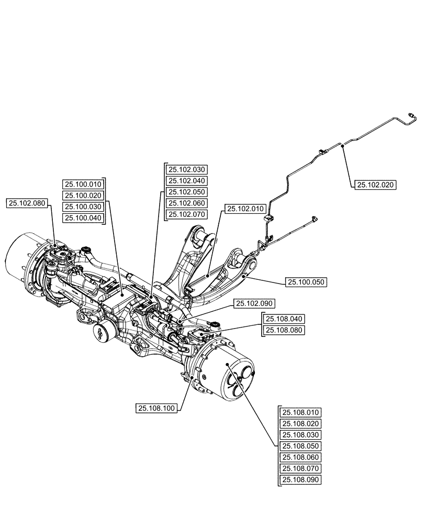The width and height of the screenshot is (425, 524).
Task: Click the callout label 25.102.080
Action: coord(28,203)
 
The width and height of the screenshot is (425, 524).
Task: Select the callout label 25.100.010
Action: coord(83,184)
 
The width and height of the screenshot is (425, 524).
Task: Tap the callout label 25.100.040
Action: coord(83,218)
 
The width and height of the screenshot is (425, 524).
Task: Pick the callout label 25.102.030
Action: coord(187,169)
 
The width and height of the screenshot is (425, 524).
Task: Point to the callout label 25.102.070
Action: coord(187,214)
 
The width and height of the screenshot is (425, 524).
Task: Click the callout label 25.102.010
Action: coord(245,209)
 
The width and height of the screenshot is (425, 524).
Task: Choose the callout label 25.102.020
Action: coord(375,184)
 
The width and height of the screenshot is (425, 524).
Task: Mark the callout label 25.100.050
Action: coord(306,282)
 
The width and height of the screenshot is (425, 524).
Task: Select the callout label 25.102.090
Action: coord(255,303)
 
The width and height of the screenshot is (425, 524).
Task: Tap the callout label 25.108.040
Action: coord(284,319)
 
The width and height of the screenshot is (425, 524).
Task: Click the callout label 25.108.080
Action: coord(284,330)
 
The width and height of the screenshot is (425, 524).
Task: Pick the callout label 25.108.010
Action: coord(301,412)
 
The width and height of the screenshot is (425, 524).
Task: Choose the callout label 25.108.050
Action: coord(301,446)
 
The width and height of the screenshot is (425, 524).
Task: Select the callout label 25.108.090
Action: coord(301,480)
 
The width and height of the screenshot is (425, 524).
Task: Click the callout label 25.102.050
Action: coord(187,192)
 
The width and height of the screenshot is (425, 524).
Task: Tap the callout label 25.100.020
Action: coord(83,195)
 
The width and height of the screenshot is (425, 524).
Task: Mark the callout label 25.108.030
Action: coord(301,435)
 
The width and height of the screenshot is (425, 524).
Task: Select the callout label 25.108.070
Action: coord(301,468)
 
